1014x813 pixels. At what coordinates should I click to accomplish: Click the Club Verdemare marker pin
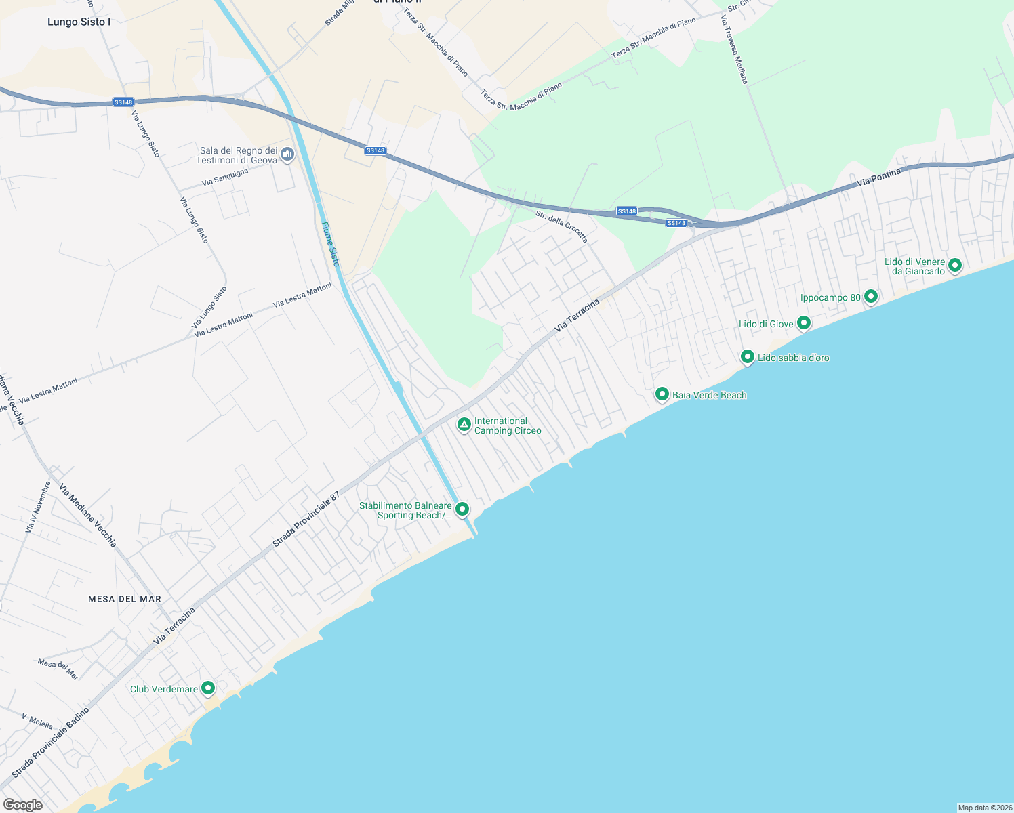tap(209, 688)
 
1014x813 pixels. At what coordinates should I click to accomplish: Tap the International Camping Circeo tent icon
tap(464, 425)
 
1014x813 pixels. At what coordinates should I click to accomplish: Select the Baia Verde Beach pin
tap(662, 394)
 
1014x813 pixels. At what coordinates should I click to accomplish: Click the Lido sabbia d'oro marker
tap(748, 356)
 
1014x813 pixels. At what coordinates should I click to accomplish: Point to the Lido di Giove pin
tap(804, 322)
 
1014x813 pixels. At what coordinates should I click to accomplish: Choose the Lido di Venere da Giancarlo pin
tap(955, 265)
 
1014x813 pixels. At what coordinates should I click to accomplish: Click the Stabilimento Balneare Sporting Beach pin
tap(462, 509)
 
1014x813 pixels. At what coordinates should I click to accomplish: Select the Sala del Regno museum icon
tap(287, 155)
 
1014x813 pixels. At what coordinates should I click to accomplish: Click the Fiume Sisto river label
tap(330, 244)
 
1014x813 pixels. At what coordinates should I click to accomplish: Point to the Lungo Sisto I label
tap(79, 22)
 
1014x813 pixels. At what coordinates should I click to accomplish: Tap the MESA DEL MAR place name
tap(125, 599)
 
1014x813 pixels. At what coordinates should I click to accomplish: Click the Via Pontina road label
tap(879, 178)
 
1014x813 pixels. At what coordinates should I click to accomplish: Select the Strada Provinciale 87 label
tap(305, 520)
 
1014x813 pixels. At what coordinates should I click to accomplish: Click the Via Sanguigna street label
tap(225, 178)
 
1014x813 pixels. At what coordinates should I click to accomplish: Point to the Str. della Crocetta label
tap(561, 226)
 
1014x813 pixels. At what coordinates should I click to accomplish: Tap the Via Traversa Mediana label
tap(734, 50)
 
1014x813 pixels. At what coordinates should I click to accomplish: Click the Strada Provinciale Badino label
tap(50, 743)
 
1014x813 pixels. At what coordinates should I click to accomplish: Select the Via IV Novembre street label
tap(38, 507)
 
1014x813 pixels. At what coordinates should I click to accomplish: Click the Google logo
tap(23, 805)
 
